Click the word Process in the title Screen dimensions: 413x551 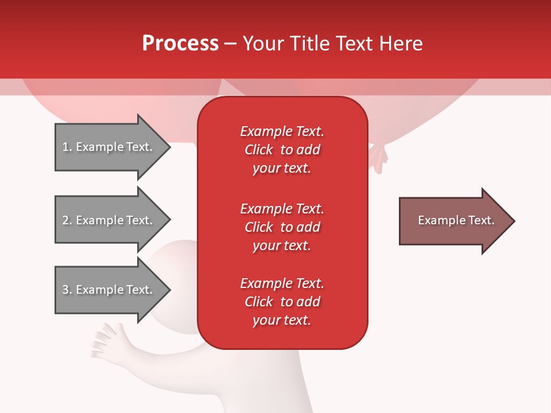point(180,44)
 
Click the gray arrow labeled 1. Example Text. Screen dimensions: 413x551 point(109,147)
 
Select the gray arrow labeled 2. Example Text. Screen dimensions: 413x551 point(109,220)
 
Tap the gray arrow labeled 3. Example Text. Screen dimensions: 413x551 point(109,290)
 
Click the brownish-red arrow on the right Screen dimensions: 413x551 point(453,221)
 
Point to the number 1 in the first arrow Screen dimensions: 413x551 point(65,147)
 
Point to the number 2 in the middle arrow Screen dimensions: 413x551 point(65,220)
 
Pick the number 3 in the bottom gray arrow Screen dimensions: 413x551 point(65,290)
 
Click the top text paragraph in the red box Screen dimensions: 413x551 point(282,150)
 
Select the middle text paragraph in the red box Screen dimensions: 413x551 point(282,227)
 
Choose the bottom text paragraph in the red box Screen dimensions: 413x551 point(282,302)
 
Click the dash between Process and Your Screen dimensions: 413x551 point(230,44)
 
